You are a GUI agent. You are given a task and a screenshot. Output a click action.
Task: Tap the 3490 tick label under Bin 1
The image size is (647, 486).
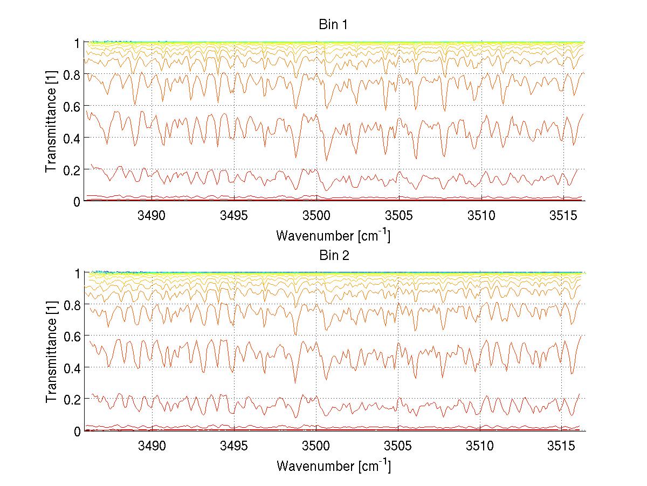152,216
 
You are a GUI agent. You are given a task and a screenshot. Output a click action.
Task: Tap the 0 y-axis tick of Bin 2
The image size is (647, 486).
77,431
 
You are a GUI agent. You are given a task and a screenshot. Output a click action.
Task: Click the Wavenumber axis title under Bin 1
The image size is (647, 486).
333,235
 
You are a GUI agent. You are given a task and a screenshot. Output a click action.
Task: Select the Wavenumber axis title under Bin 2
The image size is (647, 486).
333,466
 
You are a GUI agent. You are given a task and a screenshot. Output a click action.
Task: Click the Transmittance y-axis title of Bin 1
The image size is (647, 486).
51,121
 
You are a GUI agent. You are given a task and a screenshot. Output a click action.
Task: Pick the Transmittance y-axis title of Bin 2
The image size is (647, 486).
51,352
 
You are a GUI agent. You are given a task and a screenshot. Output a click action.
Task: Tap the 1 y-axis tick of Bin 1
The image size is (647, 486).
77,42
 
